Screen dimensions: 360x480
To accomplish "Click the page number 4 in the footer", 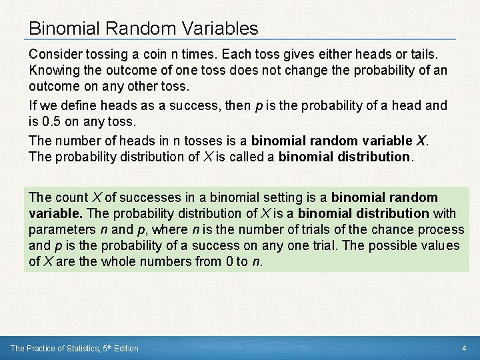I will [464, 348].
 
